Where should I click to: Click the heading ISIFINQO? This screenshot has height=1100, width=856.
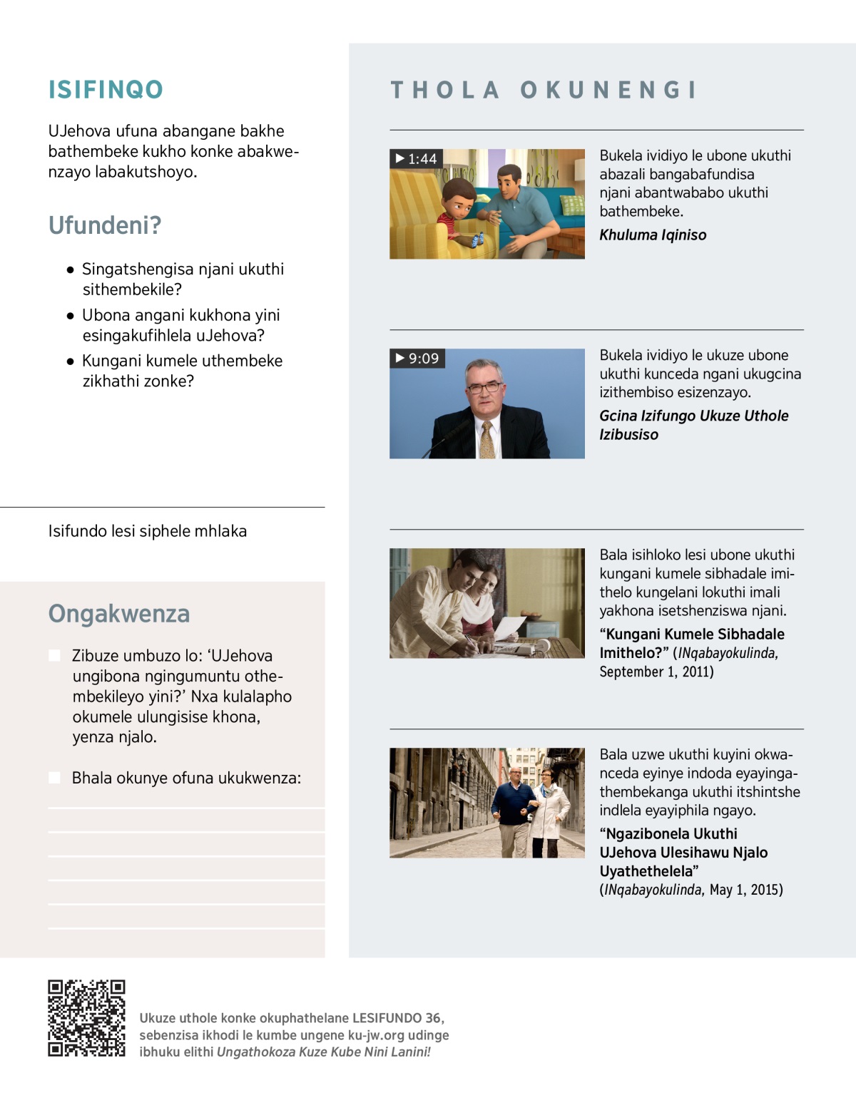tap(106, 90)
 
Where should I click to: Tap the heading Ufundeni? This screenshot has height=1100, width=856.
tap(105, 225)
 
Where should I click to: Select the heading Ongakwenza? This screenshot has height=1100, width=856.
tap(119, 614)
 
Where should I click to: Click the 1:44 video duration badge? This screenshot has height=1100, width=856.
tap(417, 159)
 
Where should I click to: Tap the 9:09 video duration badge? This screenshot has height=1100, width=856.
tap(417, 359)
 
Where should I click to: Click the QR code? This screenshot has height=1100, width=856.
tap(86, 1017)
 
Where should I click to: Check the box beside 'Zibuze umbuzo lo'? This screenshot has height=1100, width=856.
tap(54, 656)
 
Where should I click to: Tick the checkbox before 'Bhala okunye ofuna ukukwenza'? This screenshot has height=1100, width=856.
tap(54, 778)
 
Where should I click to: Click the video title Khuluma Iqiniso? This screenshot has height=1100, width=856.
tap(653, 235)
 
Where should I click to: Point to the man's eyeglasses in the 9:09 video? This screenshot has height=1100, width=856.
tap(484, 388)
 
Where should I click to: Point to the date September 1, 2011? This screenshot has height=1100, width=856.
tap(656, 672)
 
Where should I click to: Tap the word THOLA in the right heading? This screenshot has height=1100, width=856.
tap(444, 90)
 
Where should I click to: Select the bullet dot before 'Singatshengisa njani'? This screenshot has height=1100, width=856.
tap(70, 270)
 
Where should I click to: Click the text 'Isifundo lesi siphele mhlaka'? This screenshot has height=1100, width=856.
tap(148, 531)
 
